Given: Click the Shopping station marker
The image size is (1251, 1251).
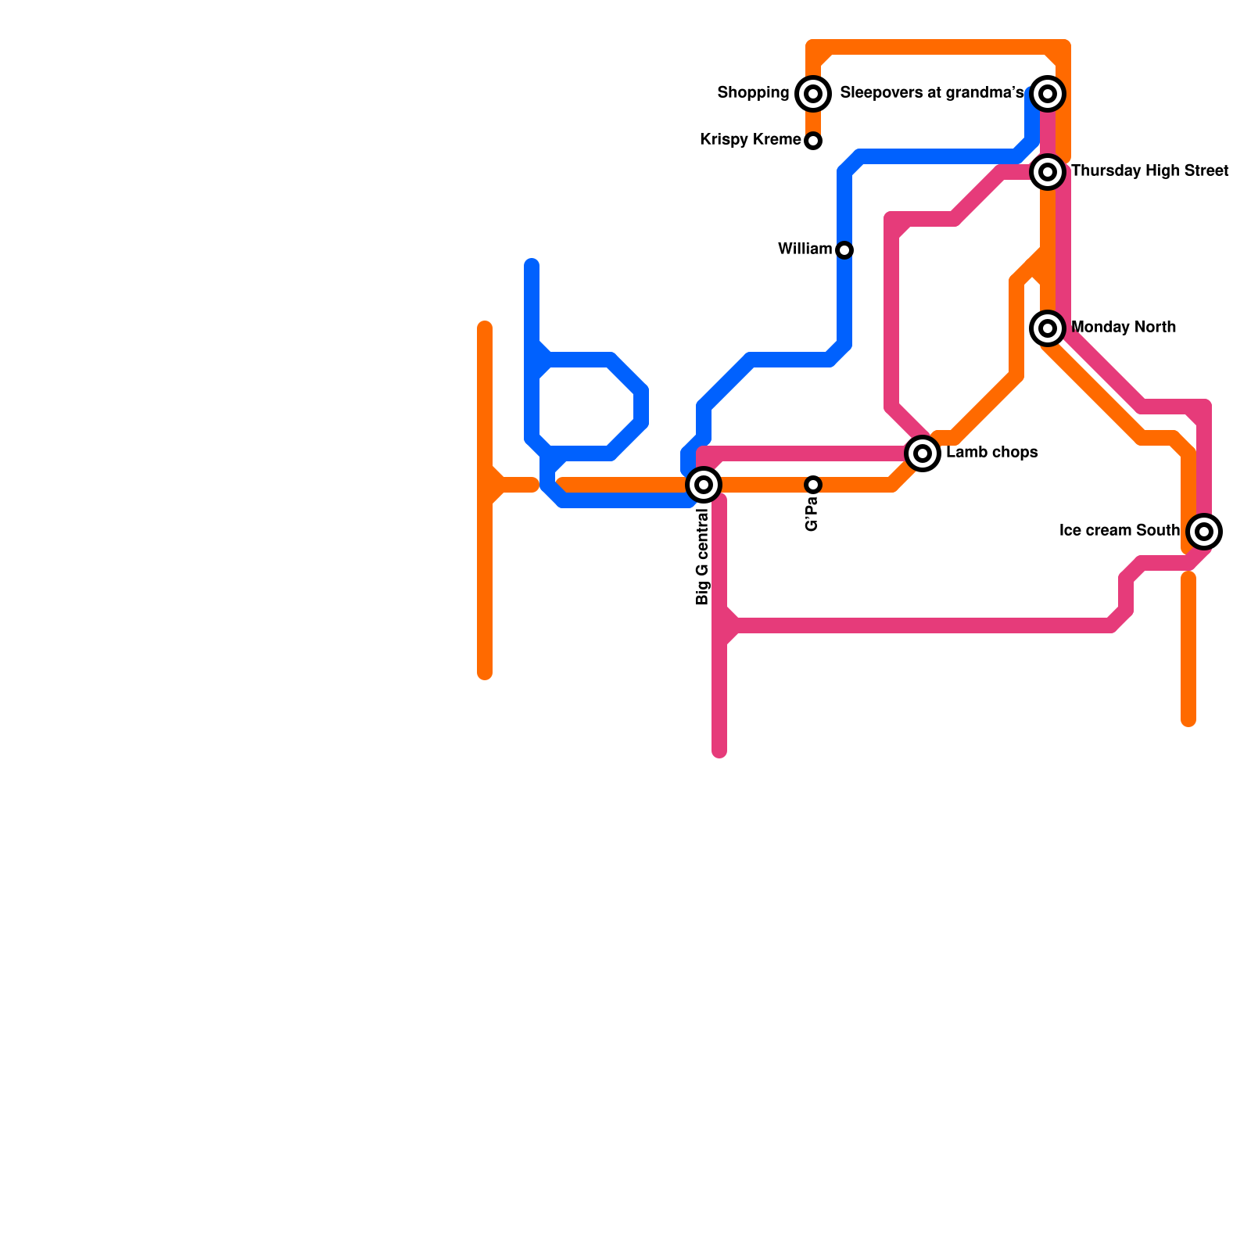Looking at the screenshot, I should click(813, 94).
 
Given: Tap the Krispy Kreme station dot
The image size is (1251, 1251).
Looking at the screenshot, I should click(813, 141).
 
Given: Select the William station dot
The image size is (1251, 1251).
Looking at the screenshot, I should click(844, 250).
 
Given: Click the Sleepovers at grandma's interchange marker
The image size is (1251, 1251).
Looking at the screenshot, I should click(1048, 94).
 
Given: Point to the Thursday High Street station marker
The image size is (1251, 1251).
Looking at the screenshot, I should click(1048, 171).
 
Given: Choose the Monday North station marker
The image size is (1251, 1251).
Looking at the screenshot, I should click(1048, 328).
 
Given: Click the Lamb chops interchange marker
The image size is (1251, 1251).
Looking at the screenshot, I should click(923, 453).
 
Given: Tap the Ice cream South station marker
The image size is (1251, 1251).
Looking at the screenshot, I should click(1204, 532).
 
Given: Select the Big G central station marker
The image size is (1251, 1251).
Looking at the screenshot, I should click(704, 485).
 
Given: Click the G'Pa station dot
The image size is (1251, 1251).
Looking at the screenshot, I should click(813, 485).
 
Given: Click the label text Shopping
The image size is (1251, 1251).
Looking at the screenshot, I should click(753, 93).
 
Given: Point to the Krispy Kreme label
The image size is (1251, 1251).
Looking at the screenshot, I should click(751, 140).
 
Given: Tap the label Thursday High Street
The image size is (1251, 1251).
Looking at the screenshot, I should click(1149, 170).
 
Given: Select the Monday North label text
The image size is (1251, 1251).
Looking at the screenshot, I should click(1124, 327).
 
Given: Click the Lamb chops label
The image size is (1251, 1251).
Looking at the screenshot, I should click(991, 452).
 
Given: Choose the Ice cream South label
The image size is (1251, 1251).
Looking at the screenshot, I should click(1119, 530).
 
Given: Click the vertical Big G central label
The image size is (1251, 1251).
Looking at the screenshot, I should click(702, 557).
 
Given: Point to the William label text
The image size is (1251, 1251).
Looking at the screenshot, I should click(805, 249).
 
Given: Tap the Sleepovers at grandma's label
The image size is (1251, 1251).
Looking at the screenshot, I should click(931, 93).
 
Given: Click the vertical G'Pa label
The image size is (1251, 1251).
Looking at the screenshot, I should click(812, 515).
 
